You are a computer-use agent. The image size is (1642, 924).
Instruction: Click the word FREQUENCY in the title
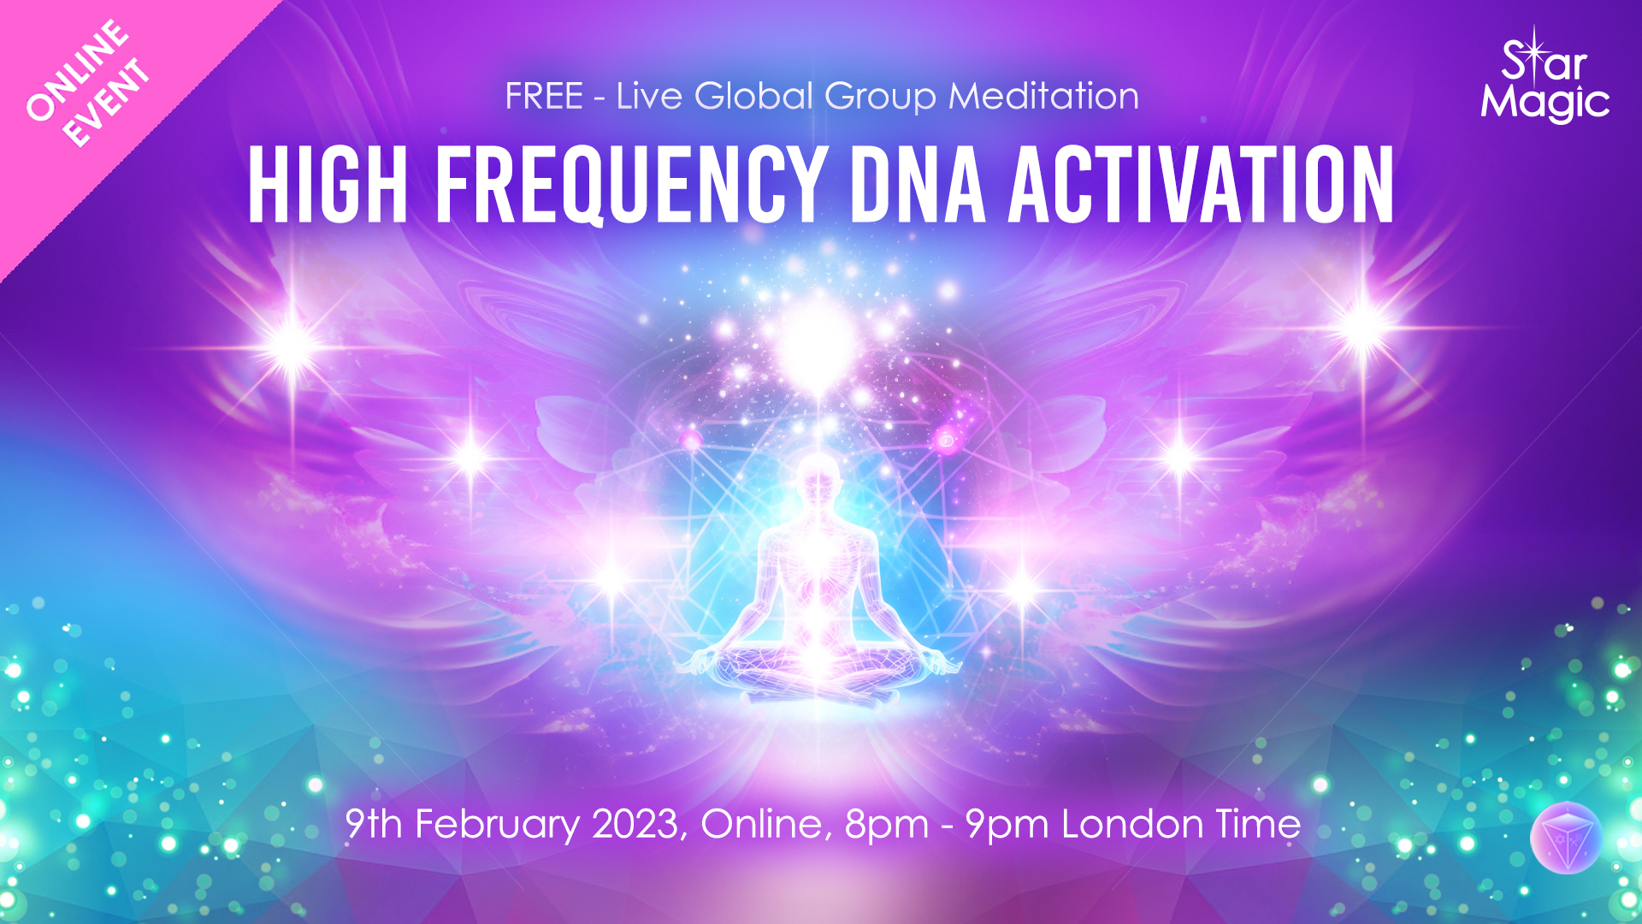[630, 184]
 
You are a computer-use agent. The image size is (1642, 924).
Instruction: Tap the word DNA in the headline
[918, 184]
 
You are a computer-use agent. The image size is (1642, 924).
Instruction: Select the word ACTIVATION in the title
[1202, 184]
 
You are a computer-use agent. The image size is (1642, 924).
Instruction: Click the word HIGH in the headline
[328, 184]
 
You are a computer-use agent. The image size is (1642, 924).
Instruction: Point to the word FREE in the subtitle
[544, 96]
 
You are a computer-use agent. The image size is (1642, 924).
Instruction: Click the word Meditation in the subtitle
[1043, 96]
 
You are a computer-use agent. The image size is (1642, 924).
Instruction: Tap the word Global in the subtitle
[753, 96]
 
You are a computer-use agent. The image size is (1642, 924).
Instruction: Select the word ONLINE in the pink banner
[78, 71]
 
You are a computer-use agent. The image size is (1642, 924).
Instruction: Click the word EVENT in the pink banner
[107, 104]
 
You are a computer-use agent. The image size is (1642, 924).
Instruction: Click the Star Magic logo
[1545, 79]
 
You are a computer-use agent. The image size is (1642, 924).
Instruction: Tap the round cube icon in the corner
[1565, 838]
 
